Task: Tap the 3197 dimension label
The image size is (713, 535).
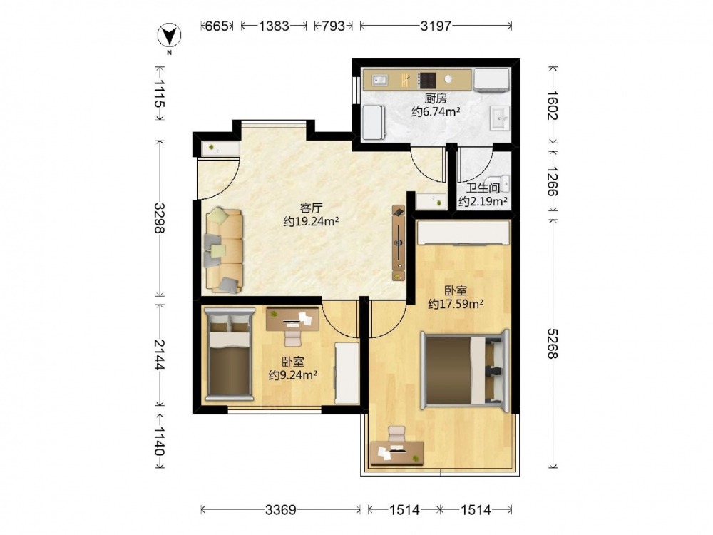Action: (x=436, y=26)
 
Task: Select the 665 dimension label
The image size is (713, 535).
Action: (x=217, y=26)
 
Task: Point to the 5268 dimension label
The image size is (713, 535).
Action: (x=552, y=343)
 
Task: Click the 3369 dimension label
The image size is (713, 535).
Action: (x=281, y=510)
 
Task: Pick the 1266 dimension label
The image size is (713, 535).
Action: (x=552, y=181)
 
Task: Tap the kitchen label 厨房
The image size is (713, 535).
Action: (x=436, y=98)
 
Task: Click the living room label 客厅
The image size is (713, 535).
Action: (x=311, y=208)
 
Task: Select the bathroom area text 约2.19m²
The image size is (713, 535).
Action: (x=483, y=201)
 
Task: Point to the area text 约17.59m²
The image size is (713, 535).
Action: (x=455, y=304)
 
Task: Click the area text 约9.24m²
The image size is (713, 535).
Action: (x=293, y=375)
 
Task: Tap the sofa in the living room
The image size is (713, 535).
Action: (x=224, y=250)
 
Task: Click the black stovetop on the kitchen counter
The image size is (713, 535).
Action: (x=427, y=81)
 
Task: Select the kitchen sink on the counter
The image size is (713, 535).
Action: (x=379, y=81)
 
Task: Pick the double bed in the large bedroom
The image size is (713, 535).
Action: (x=464, y=370)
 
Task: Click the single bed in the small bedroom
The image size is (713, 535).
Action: (x=229, y=354)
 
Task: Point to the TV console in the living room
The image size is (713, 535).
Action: (x=399, y=243)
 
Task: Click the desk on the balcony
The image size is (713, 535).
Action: (x=397, y=453)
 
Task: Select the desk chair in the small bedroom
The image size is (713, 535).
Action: (x=293, y=338)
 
